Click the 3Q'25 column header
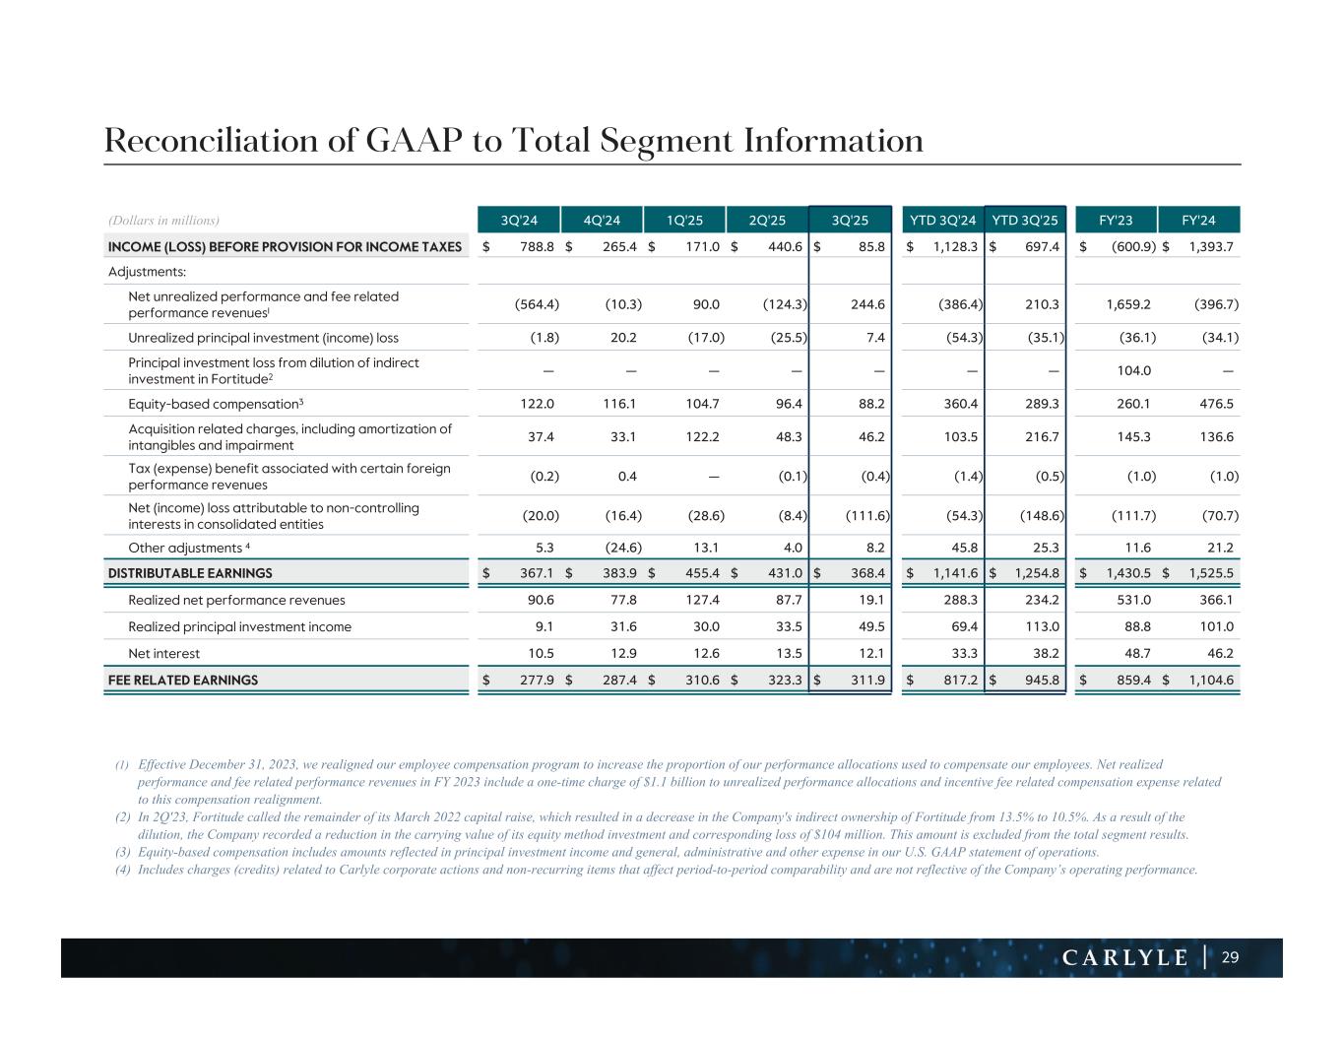coord(849,220)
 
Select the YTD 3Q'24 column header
coord(942,220)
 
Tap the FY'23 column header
coord(1116,220)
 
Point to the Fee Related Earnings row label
coord(183,680)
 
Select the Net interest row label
coord(163,653)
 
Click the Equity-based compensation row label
coord(216,404)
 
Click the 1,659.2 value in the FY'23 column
coord(1129,304)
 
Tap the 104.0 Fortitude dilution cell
coord(1135,371)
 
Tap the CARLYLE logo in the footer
coord(1125,958)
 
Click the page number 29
coord(1231,957)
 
